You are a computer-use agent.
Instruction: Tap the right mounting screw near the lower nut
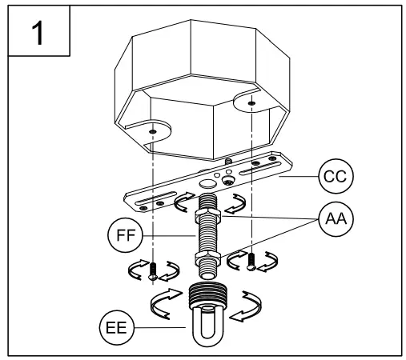(253, 259)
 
